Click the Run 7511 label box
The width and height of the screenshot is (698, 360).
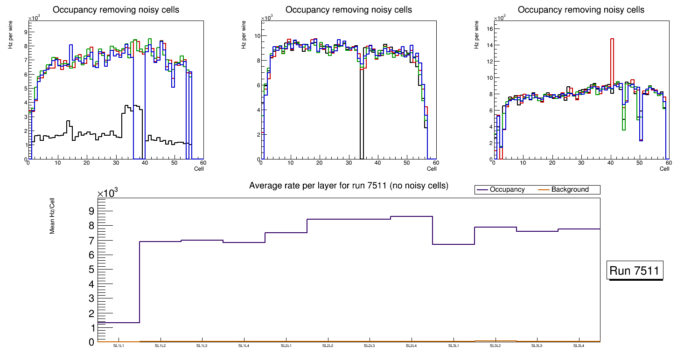click(635, 271)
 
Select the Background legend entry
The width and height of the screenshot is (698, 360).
click(570, 190)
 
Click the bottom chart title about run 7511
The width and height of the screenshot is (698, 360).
click(349, 186)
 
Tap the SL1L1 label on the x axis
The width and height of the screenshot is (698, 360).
click(119, 346)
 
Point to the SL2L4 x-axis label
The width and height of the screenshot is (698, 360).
click(411, 346)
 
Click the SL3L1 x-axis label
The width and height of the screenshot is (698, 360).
click(453, 346)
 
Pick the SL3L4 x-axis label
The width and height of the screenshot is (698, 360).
click(579, 346)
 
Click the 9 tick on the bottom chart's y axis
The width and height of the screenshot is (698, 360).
click(91, 211)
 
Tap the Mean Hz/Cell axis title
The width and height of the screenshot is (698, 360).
click(53, 217)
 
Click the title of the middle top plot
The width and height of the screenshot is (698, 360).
click(349, 10)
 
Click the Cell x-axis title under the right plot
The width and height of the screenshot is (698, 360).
click(664, 169)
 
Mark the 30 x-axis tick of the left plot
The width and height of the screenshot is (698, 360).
click(116, 163)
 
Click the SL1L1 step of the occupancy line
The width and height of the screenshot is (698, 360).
click(119, 322)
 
